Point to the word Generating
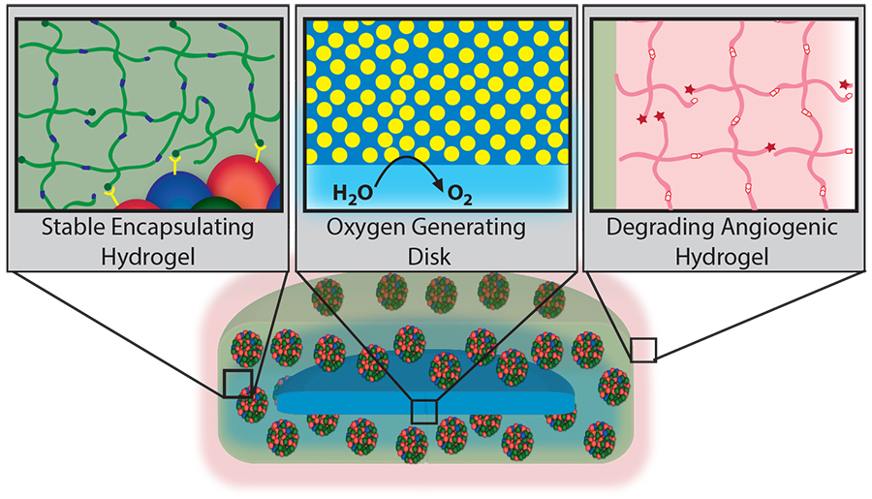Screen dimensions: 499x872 tap(470, 230)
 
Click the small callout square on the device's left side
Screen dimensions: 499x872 tap(237, 384)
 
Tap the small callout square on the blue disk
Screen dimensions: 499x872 tap(423, 411)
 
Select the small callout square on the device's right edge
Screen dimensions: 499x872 tap(643, 350)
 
